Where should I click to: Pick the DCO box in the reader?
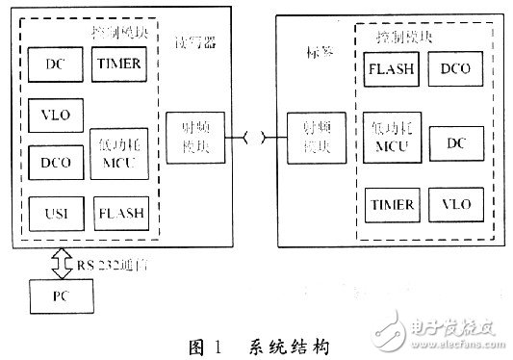tap(55, 160)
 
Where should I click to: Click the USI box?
tap(55, 209)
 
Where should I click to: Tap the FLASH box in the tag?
tap(390, 70)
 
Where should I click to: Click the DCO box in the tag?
tap(455, 70)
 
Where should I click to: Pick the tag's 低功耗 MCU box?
tap(390, 137)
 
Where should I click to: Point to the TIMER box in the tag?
tap(390, 205)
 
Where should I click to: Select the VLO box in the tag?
tap(455, 205)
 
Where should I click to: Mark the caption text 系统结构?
tap(290, 343)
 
